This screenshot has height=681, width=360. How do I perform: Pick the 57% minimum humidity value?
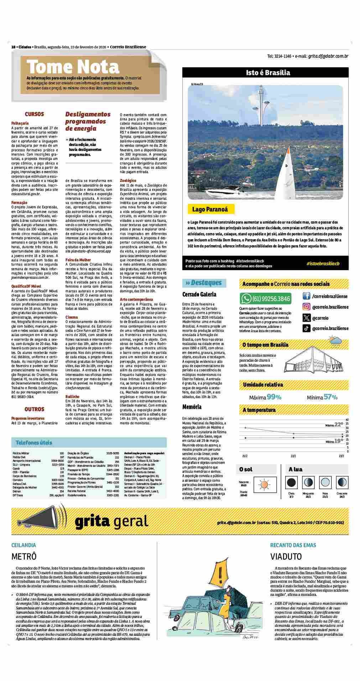[x=330, y=397]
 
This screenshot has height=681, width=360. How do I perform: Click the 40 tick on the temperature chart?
[x=347, y=420]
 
